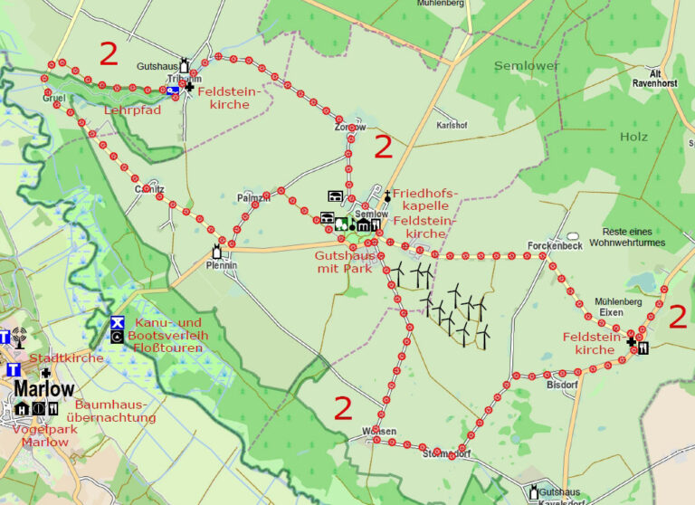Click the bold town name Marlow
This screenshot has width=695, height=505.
pyautogui.click(x=43, y=389)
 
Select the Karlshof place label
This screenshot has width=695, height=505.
pyautogui.click(x=452, y=125)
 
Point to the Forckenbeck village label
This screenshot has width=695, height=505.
pyautogui.click(x=554, y=245)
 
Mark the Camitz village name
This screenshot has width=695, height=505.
pyautogui.click(x=149, y=189)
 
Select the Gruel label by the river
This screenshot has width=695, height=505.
pyautogui.click(x=52, y=97)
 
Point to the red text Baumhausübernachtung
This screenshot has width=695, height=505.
pyautogui.click(x=115, y=411)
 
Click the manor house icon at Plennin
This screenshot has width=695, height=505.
pyautogui.click(x=217, y=252)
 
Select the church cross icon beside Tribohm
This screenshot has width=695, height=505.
pyautogui.click(x=188, y=88)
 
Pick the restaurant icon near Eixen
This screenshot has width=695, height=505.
pyautogui.click(x=643, y=347)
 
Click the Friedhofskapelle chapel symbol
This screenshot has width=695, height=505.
pyautogui.click(x=387, y=195)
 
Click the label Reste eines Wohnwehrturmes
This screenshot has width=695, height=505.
pyautogui.click(x=627, y=237)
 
